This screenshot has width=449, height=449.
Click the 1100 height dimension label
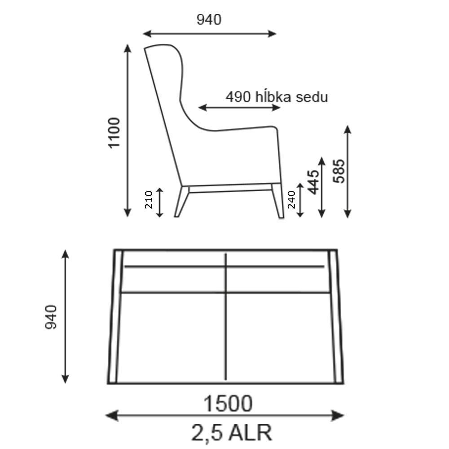114,132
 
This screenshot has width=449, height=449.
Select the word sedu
312,97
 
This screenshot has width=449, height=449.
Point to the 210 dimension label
149,200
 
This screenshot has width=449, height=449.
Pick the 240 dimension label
291,200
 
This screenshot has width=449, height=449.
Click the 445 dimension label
313,182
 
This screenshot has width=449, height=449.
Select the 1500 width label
228,404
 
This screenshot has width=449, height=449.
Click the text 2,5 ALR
231,432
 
